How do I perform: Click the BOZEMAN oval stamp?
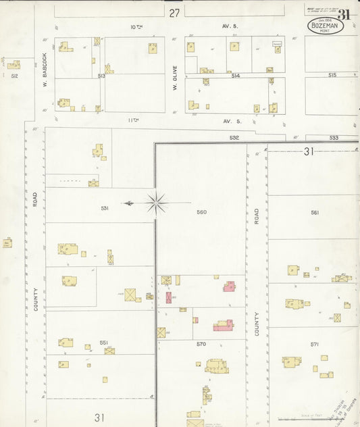(326, 26)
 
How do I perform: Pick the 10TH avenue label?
(136, 27)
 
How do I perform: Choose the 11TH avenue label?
(133, 120)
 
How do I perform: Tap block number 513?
(101, 76)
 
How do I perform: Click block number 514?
(236, 76)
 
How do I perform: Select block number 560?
(201, 212)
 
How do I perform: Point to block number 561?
(315, 212)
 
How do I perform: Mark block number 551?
(104, 343)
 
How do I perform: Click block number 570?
(201, 344)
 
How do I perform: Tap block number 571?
(315, 344)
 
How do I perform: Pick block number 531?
(105, 208)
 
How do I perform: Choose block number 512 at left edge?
(14, 76)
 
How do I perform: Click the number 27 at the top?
(175, 13)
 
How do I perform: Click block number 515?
(332, 75)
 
